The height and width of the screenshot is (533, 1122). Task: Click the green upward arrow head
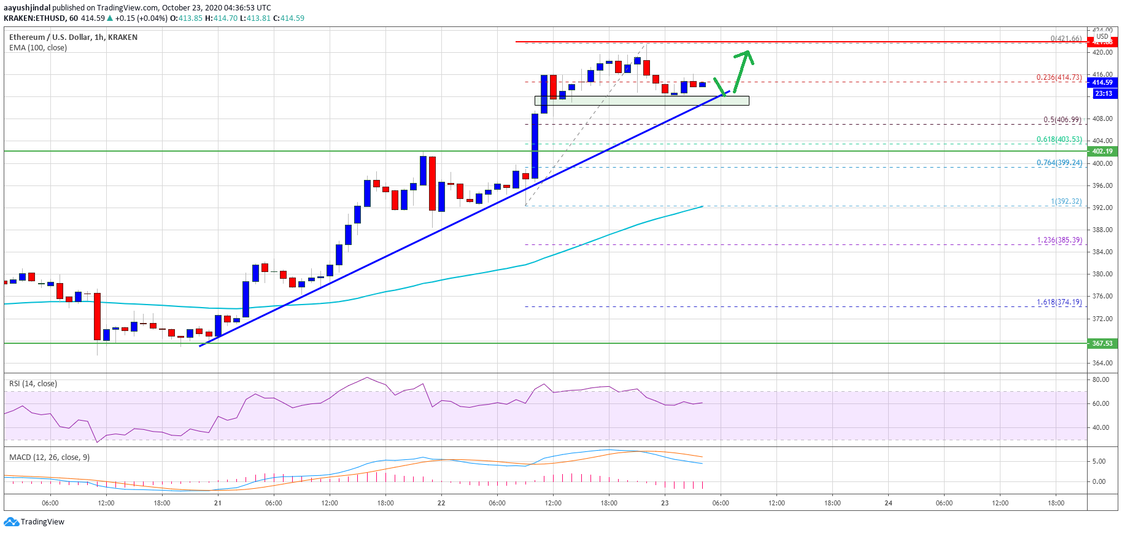747,55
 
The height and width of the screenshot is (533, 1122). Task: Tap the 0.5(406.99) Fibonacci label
1062,120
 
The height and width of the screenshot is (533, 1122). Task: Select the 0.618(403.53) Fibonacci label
1059,139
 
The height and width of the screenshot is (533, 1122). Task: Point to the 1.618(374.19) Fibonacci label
1059,302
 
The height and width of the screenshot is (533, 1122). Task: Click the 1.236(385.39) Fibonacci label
1059,240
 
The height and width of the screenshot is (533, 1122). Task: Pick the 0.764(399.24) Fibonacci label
1059,163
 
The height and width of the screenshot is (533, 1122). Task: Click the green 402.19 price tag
1102,151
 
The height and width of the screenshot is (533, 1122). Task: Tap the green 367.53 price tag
1102,343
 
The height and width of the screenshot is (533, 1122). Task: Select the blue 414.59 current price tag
1102,82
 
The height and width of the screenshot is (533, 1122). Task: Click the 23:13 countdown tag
1103,93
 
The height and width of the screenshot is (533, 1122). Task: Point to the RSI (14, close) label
33,384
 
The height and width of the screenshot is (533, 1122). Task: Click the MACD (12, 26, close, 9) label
49,457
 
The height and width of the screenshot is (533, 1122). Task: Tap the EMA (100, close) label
38,48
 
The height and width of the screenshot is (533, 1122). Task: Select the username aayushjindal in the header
27,8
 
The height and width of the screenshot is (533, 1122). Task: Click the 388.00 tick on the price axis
1102,230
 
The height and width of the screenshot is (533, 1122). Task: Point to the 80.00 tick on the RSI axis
1101,380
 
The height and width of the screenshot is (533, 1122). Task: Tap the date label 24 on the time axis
888,503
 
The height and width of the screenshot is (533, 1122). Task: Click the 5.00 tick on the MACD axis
1099,462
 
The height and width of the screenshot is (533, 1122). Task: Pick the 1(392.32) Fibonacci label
1066,201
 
